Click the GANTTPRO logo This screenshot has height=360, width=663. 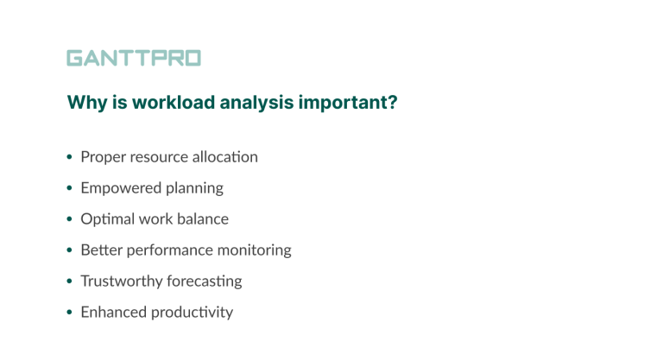(x=134, y=59)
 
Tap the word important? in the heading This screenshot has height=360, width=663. (x=348, y=103)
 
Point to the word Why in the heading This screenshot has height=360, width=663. (x=85, y=103)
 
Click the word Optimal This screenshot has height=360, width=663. (x=107, y=219)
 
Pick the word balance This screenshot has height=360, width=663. (x=201, y=219)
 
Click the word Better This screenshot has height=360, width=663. (x=100, y=250)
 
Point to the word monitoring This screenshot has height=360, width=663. (x=254, y=250)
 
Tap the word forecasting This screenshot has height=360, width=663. (x=202, y=281)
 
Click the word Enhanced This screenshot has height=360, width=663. (x=110, y=313)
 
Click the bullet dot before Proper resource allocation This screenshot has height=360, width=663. (x=70, y=158)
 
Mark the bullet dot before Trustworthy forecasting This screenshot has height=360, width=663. (x=70, y=282)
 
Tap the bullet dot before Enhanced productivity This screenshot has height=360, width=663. (x=70, y=313)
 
